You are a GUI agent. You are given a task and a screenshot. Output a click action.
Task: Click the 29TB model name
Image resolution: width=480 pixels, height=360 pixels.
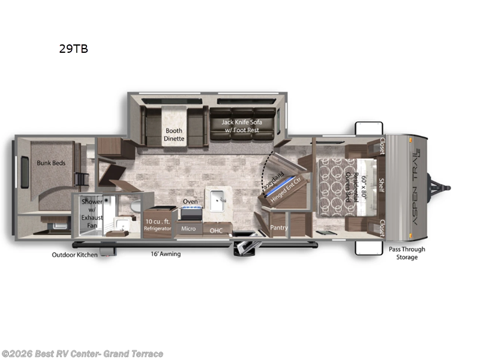[x=73, y=49]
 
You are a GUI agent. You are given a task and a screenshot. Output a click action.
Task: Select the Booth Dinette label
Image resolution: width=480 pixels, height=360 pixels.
[x=175, y=134]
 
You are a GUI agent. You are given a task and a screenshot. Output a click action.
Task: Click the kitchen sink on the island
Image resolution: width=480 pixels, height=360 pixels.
[x=218, y=197]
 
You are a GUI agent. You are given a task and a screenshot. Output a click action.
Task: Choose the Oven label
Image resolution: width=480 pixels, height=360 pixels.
[x=190, y=202]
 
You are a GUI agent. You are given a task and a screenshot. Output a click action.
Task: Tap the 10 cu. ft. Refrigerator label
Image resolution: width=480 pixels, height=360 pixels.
[x=158, y=225]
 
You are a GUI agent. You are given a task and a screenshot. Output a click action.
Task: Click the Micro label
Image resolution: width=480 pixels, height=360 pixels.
[x=188, y=229]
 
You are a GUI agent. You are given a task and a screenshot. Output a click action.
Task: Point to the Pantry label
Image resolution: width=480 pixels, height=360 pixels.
[x=279, y=228]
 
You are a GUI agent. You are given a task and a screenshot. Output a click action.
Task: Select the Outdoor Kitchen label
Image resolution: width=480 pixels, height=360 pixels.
[x=74, y=254]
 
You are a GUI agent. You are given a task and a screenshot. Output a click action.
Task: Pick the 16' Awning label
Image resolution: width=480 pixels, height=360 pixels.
[x=165, y=254]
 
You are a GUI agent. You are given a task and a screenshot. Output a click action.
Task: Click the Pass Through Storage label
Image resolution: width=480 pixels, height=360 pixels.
[x=407, y=253]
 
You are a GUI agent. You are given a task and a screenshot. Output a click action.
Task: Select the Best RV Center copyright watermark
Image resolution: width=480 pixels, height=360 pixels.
[x=82, y=354]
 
